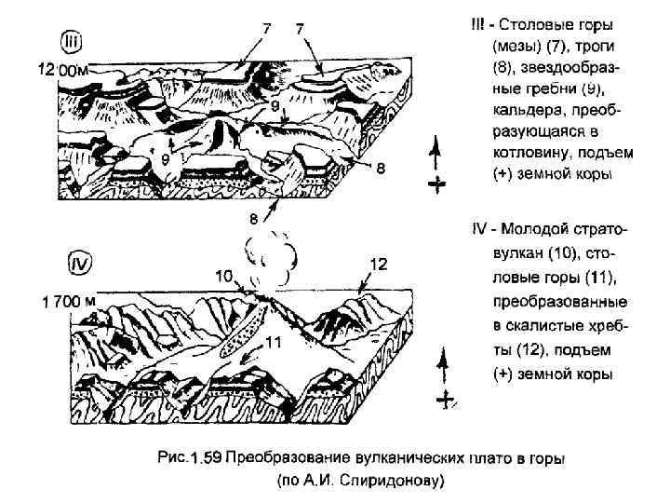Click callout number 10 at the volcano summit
(x=224, y=275)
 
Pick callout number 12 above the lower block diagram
(x=378, y=265)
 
